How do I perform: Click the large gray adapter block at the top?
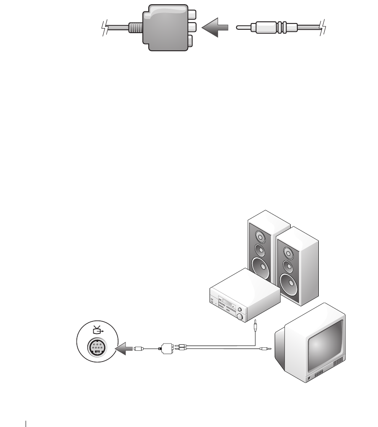click(x=164, y=28)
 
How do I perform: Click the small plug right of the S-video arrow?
click(x=139, y=348)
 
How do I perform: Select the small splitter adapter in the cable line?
click(x=165, y=348)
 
